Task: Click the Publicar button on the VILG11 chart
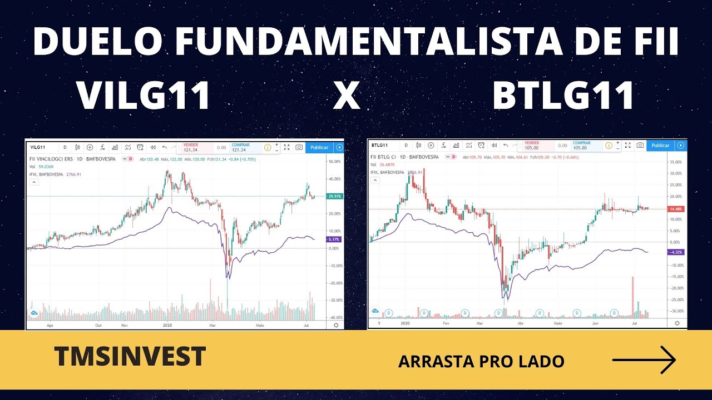(x=319, y=147)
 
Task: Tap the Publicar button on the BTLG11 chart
(x=660, y=145)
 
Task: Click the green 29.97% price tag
(x=335, y=197)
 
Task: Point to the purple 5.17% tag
(x=335, y=239)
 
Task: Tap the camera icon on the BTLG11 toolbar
(x=640, y=145)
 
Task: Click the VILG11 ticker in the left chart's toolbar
(x=38, y=147)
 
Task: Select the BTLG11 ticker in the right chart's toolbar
(x=379, y=145)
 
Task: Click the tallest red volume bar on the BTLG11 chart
(x=633, y=297)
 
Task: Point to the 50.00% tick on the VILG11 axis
(x=335, y=162)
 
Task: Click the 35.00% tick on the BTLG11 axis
(x=676, y=162)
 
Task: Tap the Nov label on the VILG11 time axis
(x=125, y=326)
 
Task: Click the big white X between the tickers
(x=347, y=96)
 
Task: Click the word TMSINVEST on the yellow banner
(x=130, y=356)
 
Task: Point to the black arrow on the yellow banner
(x=644, y=361)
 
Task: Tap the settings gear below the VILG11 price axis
(x=335, y=325)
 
